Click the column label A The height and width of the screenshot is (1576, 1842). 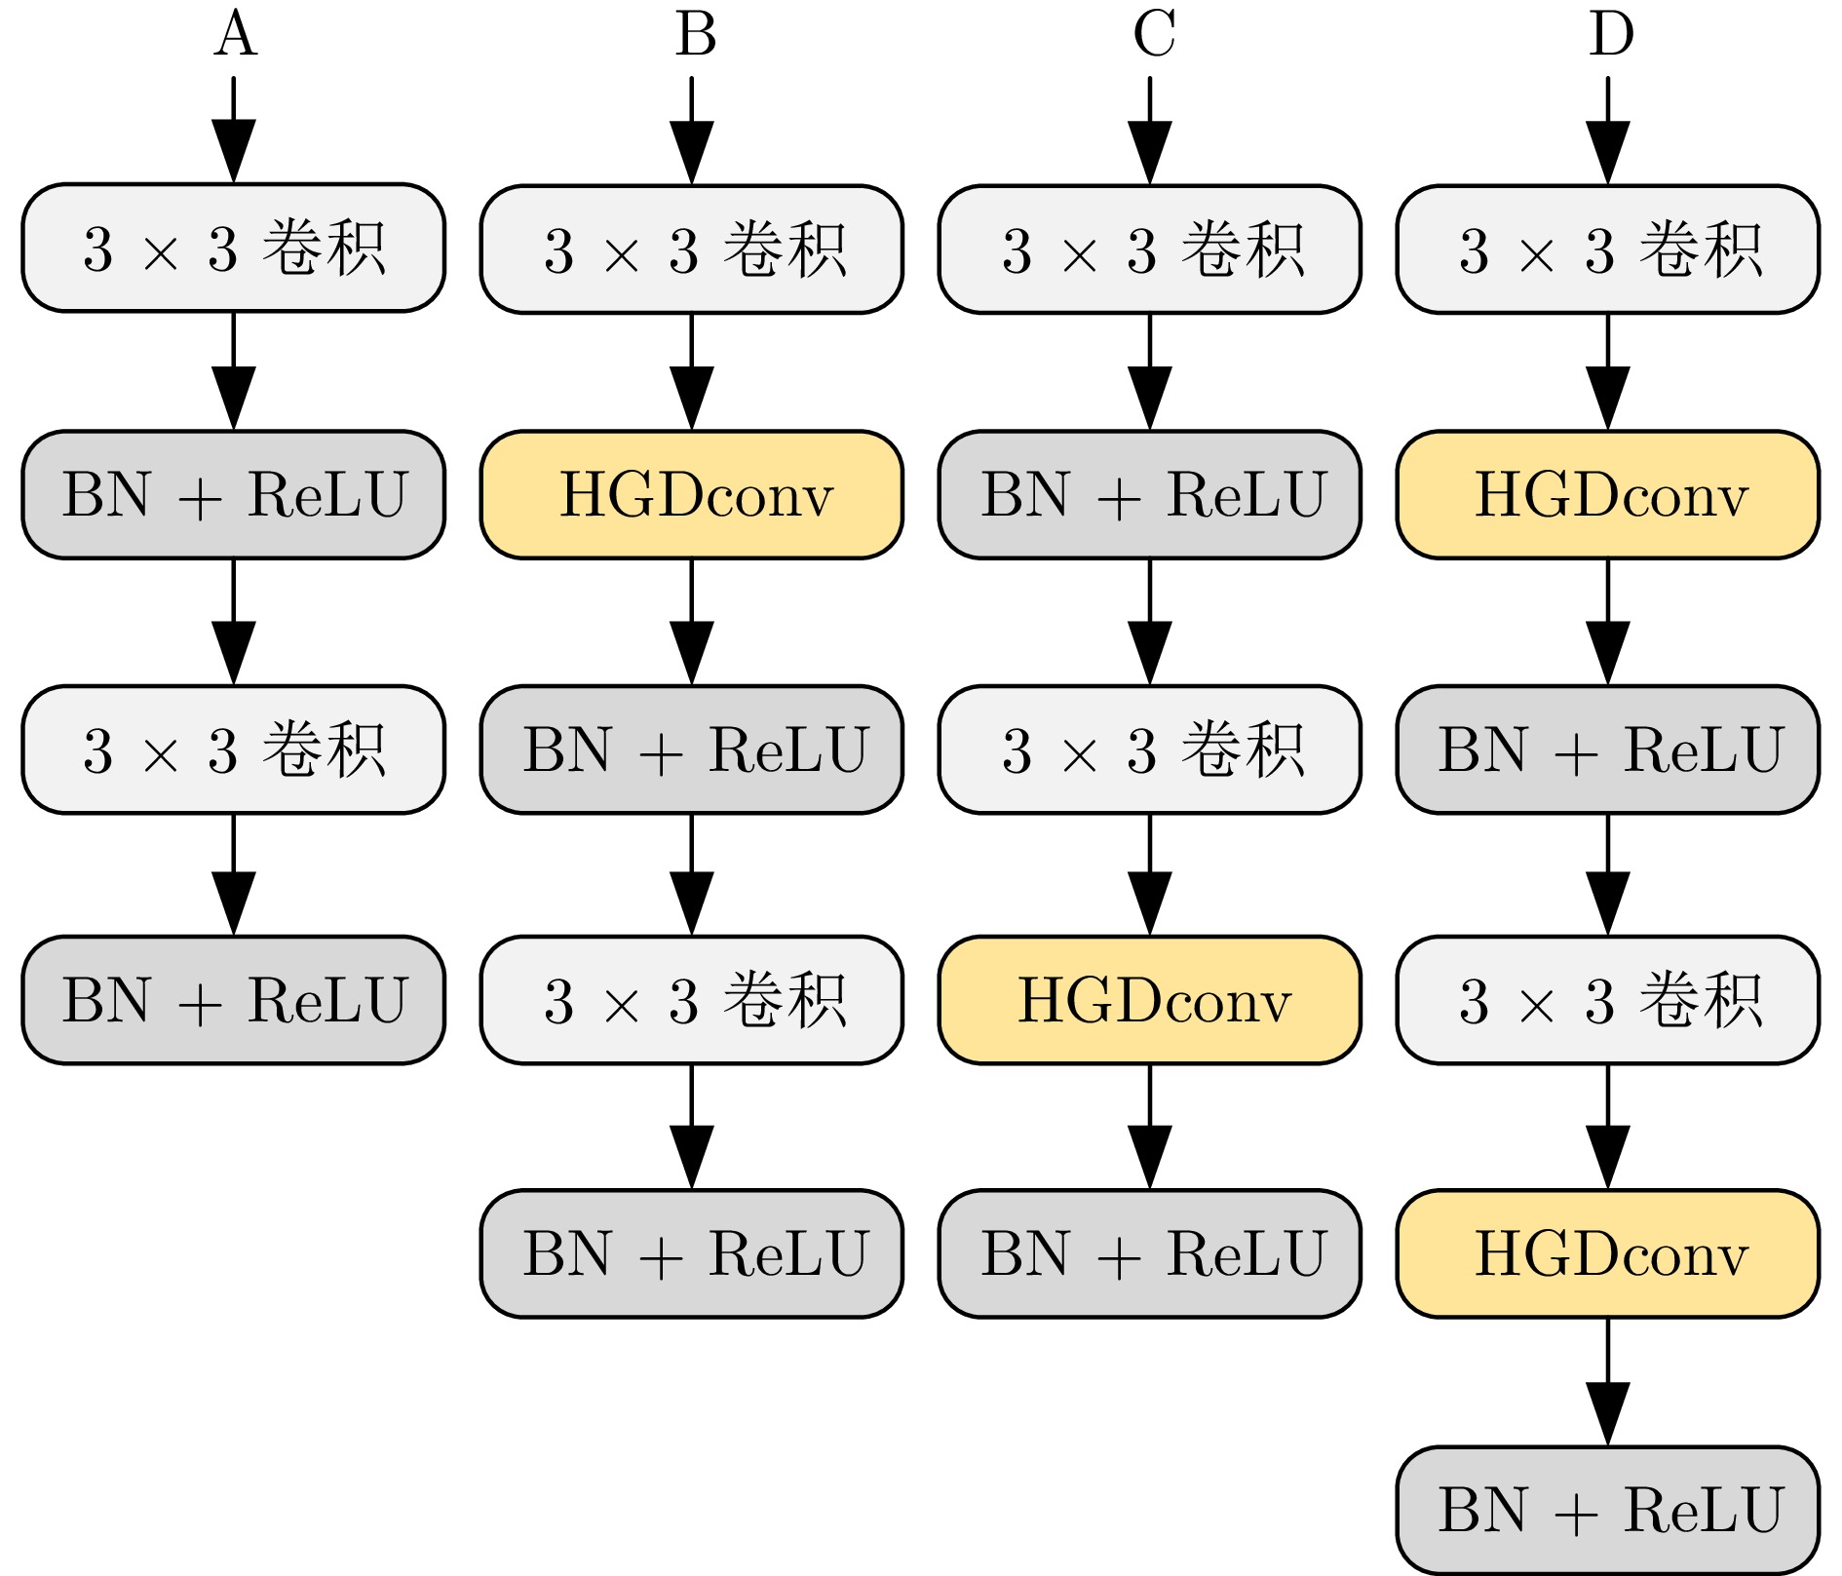click(235, 34)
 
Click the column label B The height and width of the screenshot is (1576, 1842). click(695, 34)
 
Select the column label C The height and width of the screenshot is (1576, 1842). click(1154, 34)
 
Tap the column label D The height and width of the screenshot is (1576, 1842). click(1611, 34)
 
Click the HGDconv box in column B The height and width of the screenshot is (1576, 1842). click(692, 495)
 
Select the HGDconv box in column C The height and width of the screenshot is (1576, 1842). click(1150, 1000)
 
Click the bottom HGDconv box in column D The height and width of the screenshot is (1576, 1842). click(1608, 1253)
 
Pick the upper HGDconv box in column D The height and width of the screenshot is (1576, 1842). click(1608, 495)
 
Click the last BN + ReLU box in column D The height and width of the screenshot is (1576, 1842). click(1608, 1510)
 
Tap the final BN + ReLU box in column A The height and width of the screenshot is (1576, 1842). click(234, 1000)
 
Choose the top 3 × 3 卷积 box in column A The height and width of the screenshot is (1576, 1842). click(234, 249)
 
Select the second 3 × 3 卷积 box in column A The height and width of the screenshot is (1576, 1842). click(234, 750)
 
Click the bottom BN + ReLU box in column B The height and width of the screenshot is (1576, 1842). click(692, 1253)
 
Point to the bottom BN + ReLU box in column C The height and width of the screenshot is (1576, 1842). click(1150, 1253)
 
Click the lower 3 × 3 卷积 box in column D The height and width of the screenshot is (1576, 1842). click(1608, 1000)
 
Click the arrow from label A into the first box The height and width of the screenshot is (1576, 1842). click(234, 130)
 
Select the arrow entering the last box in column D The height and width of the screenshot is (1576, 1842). click(1608, 1382)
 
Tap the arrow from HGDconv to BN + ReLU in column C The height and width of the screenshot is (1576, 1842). click(1150, 1127)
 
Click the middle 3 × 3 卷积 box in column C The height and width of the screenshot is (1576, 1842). click(1150, 750)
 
